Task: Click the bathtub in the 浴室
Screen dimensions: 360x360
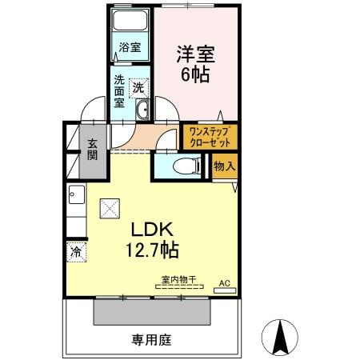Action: (x=130, y=21)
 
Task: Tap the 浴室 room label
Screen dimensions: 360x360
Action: (x=130, y=47)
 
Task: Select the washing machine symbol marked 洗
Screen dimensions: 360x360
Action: (x=138, y=88)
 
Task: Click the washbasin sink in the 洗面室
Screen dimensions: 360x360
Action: (x=142, y=110)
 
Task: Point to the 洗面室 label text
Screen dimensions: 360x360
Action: (x=119, y=91)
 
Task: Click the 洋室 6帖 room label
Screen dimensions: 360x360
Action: (x=195, y=64)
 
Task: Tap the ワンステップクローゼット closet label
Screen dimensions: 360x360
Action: (x=210, y=137)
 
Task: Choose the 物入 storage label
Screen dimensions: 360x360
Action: (x=225, y=166)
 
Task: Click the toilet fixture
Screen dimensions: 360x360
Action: (x=186, y=166)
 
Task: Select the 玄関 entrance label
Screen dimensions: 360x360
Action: (x=93, y=150)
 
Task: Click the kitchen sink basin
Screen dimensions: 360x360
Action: (x=77, y=194)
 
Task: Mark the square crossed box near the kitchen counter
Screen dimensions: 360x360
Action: (x=110, y=209)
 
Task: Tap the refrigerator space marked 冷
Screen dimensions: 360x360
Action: (x=77, y=252)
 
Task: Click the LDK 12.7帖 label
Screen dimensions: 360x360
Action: (x=152, y=239)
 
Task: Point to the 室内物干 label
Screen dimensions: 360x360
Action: (x=179, y=279)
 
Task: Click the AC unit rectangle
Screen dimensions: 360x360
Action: (x=225, y=290)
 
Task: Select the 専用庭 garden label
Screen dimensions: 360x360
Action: (x=151, y=340)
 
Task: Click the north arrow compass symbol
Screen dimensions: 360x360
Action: (x=280, y=338)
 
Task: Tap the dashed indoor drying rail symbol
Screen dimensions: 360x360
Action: (x=179, y=287)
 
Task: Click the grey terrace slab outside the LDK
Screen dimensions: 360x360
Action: (x=152, y=312)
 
